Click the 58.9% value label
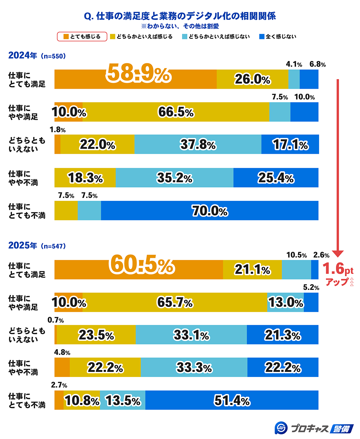click(138, 73)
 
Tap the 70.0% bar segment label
click(210, 211)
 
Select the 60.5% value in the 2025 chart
click(142, 265)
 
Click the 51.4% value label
click(232, 401)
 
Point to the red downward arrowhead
click(338, 254)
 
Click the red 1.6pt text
click(338, 269)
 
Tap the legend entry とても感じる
click(82, 37)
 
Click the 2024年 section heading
click(23, 55)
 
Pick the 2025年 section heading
click(23, 246)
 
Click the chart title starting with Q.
click(180, 16)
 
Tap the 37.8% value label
click(198, 145)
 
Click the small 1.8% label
click(58, 130)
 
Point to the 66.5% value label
click(176, 112)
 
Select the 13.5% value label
click(123, 401)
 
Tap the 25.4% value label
click(276, 178)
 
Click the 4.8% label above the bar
click(62, 353)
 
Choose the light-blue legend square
click(185, 37)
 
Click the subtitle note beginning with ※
click(180, 26)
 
